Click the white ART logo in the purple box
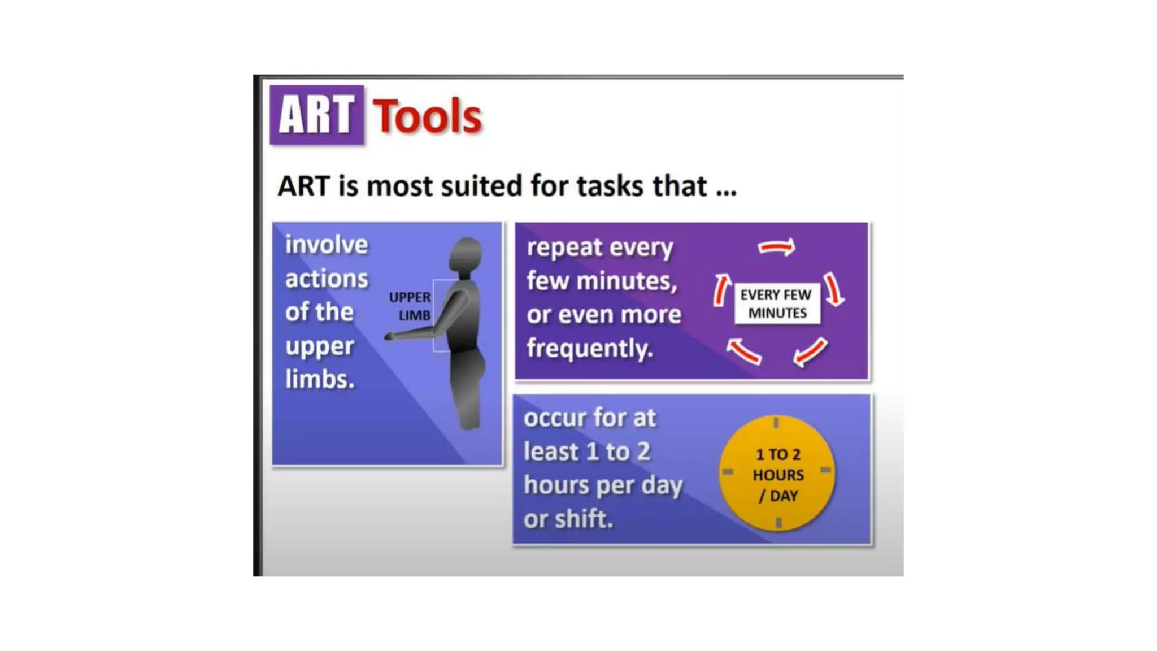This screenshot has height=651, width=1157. [316, 115]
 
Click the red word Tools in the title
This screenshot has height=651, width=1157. [427, 116]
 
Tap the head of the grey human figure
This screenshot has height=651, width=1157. [466, 254]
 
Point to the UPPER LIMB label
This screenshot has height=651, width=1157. [410, 306]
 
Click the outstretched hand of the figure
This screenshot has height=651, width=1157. [390, 337]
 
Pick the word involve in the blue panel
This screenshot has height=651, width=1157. [327, 245]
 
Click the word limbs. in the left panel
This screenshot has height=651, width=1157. [320, 379]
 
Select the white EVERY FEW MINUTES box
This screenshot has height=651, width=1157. [777, 303]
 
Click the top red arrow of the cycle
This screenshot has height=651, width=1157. [776, 247]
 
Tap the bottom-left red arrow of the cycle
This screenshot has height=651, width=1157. [743, 350]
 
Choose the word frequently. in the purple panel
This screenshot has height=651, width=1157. [589, 348]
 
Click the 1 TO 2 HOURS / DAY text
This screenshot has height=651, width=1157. [778, 475]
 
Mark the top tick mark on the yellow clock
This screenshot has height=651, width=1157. [776, 423]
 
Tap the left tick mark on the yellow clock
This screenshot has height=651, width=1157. [728, 471]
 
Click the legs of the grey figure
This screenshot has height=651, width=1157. [469, 396]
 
